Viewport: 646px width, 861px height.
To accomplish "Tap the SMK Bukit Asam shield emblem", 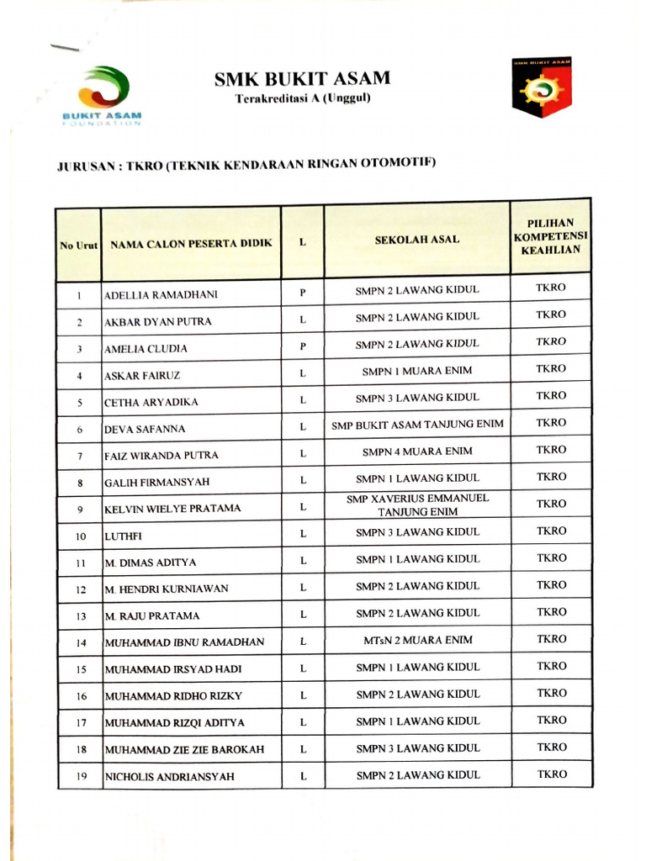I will [542, 87].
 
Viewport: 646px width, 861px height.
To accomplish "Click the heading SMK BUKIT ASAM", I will [302, 79].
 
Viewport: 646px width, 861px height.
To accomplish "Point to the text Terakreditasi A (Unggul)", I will [302, 98].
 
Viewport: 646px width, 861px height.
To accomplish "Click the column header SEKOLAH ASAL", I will [417, 240].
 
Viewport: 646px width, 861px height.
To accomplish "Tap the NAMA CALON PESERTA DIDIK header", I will [190, 244].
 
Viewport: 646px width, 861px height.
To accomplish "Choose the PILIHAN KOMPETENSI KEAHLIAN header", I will [551, 236].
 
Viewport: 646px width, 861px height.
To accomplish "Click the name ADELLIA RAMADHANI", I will [161, 295].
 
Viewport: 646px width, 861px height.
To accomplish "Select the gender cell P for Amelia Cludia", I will [302, 346].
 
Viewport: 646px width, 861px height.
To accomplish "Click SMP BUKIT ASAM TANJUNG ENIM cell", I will [417, 425].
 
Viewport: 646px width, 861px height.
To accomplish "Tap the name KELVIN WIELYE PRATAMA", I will [172, 509].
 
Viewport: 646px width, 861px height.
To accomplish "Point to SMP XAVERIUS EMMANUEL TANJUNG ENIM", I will [417, 504].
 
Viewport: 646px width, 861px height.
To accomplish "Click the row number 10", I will [81, 536].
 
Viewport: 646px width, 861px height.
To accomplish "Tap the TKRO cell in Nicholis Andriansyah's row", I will [551, 774].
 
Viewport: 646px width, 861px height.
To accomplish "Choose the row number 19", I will [82, 776].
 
